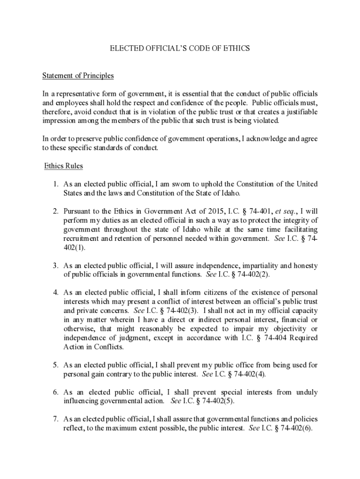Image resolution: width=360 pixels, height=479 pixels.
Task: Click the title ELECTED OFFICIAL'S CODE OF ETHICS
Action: click(x=180, y=48)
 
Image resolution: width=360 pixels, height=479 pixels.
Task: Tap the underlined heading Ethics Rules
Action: click(x=64, y=166)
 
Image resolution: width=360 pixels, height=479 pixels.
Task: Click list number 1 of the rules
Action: click(x=55, y=184)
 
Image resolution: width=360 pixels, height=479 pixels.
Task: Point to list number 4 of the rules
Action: click(x=55, y=293)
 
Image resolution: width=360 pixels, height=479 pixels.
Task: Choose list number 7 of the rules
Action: click(x=55, y=419)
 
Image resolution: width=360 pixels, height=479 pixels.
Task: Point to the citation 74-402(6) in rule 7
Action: click(x=295, y=428)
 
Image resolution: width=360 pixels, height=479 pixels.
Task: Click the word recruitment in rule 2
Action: click(x=81, y=239)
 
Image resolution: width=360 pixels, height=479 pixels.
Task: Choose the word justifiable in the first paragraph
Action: click(x=300, y=112)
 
